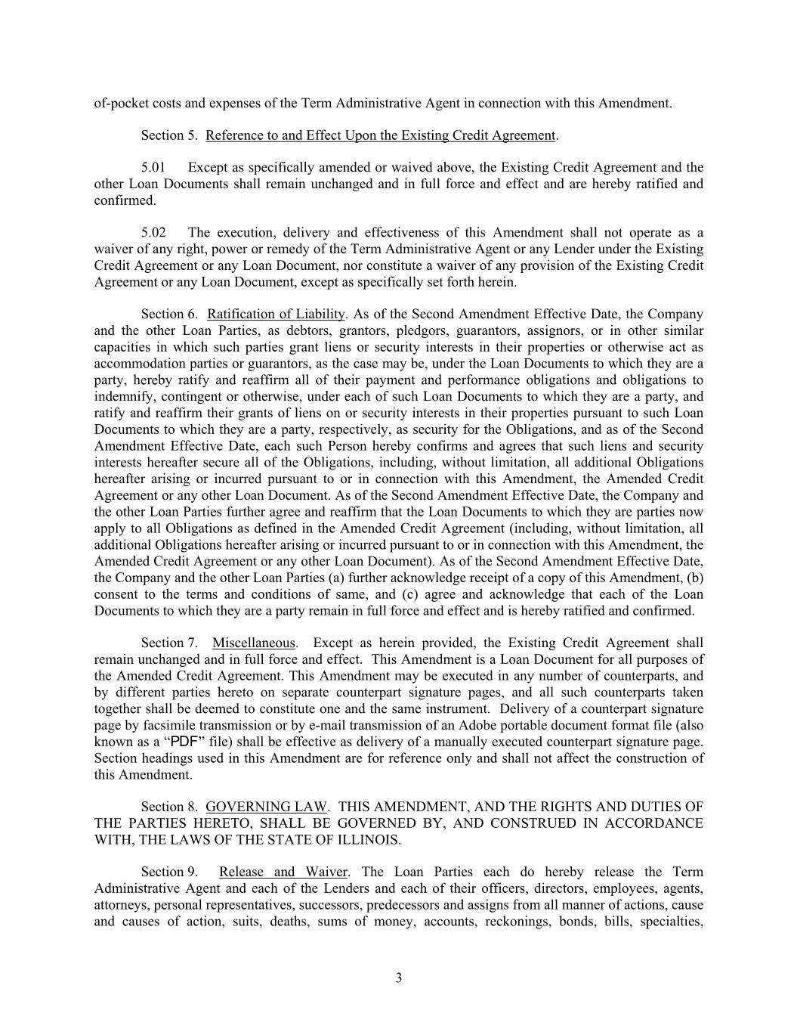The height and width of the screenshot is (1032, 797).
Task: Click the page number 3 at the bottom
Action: (x=398, y=978)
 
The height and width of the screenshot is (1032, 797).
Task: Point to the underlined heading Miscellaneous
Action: (x=253, y=643)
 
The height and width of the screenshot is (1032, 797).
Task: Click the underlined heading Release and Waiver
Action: (x=283, y=872)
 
